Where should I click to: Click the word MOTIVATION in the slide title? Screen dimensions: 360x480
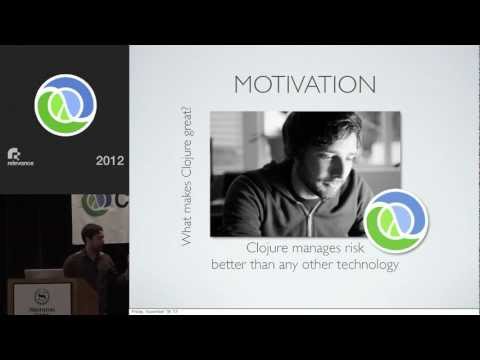tap(304, 84)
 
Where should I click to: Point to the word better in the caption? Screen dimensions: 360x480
tap(232, 265)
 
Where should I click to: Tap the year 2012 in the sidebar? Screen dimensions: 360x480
tap(109, 159)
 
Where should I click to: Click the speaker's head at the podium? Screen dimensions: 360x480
tap(88, 240)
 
